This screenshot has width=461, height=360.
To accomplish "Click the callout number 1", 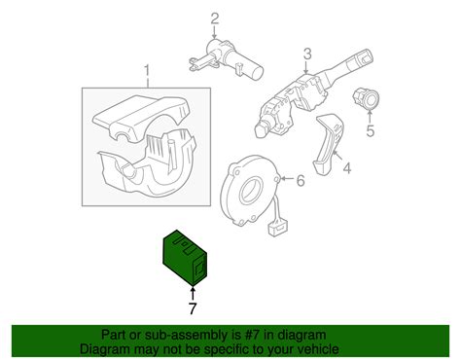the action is coord(147,72).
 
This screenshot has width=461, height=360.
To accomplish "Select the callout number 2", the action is coord(215,18).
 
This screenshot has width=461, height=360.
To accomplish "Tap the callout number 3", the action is coord(307,54).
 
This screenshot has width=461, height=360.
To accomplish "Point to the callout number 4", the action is coord(347,168).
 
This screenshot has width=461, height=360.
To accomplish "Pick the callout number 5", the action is coord(370,130).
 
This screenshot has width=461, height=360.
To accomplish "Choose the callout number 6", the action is coord(301,180).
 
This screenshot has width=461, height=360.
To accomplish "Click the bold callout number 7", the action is coord(193,308).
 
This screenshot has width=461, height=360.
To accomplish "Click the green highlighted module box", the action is coord(185,258).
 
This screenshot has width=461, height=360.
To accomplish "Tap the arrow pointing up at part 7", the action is coord(193,292).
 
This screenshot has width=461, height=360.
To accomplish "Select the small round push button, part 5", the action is coord(366,97).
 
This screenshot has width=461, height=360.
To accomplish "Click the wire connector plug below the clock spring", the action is coord(277,227).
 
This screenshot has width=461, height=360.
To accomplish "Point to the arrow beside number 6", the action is coord(288,179).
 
